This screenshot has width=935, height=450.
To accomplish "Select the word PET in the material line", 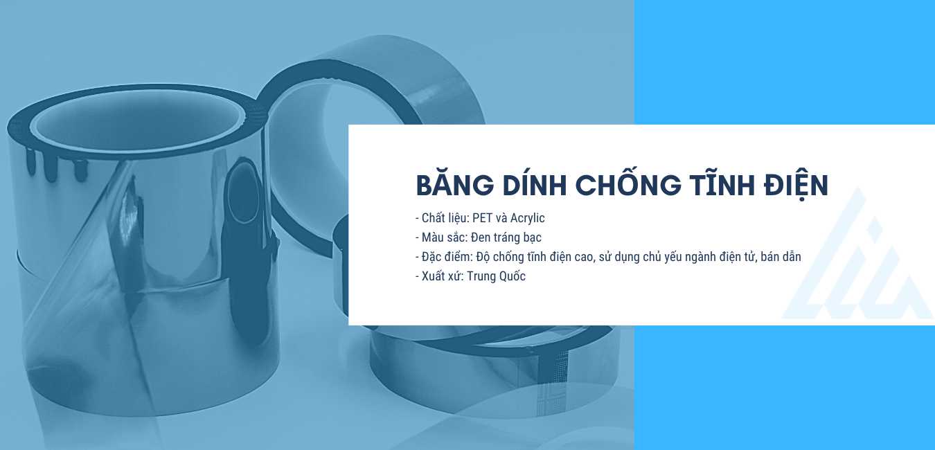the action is point(483,217).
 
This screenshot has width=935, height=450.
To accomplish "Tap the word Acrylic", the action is point(527,218).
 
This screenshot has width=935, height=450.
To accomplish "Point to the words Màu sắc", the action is point(444,237).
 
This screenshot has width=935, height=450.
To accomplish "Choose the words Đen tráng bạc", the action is point(506,237).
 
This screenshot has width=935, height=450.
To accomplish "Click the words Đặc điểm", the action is point(447,256).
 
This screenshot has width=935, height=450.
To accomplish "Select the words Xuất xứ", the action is point(443,276).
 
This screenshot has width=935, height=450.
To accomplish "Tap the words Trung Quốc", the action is point(496,276).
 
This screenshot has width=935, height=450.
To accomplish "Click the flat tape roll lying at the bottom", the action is point(492,367).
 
